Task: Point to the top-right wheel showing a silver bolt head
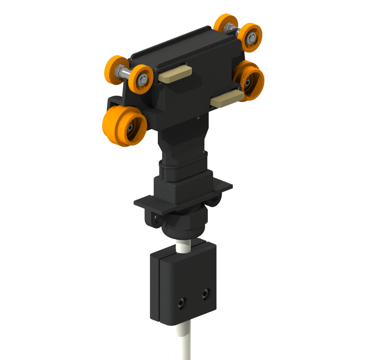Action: [250, 36]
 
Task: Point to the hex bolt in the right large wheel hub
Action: [248, 83]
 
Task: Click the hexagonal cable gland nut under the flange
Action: [183, 223]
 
